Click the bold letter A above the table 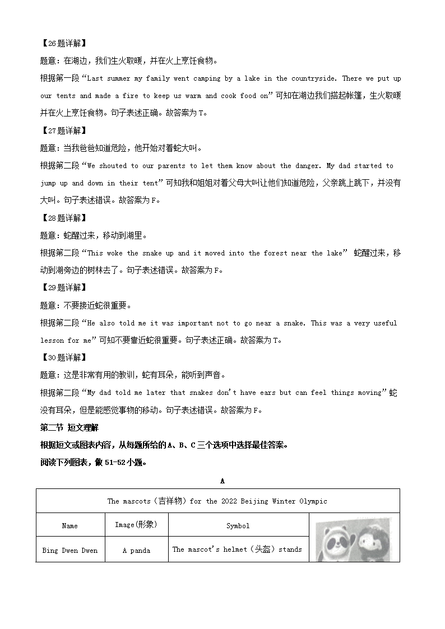pos(222,481)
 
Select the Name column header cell pos(70,526)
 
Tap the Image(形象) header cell pos(136,525)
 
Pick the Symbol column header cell pos(238,526)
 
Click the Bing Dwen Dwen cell pos(70,550)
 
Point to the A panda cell pos(136,550)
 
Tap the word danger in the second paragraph pos(309,166)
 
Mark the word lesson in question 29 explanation pos(52,340)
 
